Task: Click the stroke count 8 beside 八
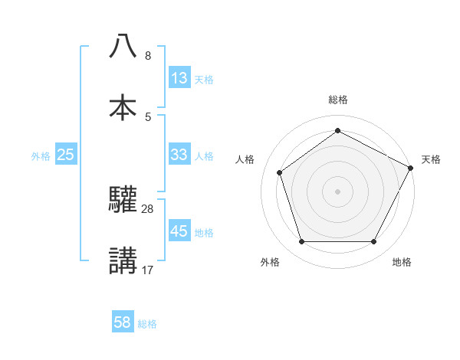click(148, 56)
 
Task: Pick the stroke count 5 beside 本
click(148, 116)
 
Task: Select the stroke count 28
click(148, 208)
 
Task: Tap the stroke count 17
click(148, 270)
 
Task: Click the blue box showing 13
click(179, 78)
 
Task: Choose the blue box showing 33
click(179, 155)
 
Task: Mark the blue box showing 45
click(179, 231)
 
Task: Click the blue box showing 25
click(66, 155)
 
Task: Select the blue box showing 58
click(123, 322)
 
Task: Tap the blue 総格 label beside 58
click(147, 324)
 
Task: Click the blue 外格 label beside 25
click(41, 156)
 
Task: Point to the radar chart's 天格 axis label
click(431, 159)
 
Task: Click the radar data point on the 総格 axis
click(337, 130)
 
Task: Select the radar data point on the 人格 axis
click(280, 172)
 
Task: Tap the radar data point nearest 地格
click(373, 242)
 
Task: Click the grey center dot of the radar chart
click(337, 191)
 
